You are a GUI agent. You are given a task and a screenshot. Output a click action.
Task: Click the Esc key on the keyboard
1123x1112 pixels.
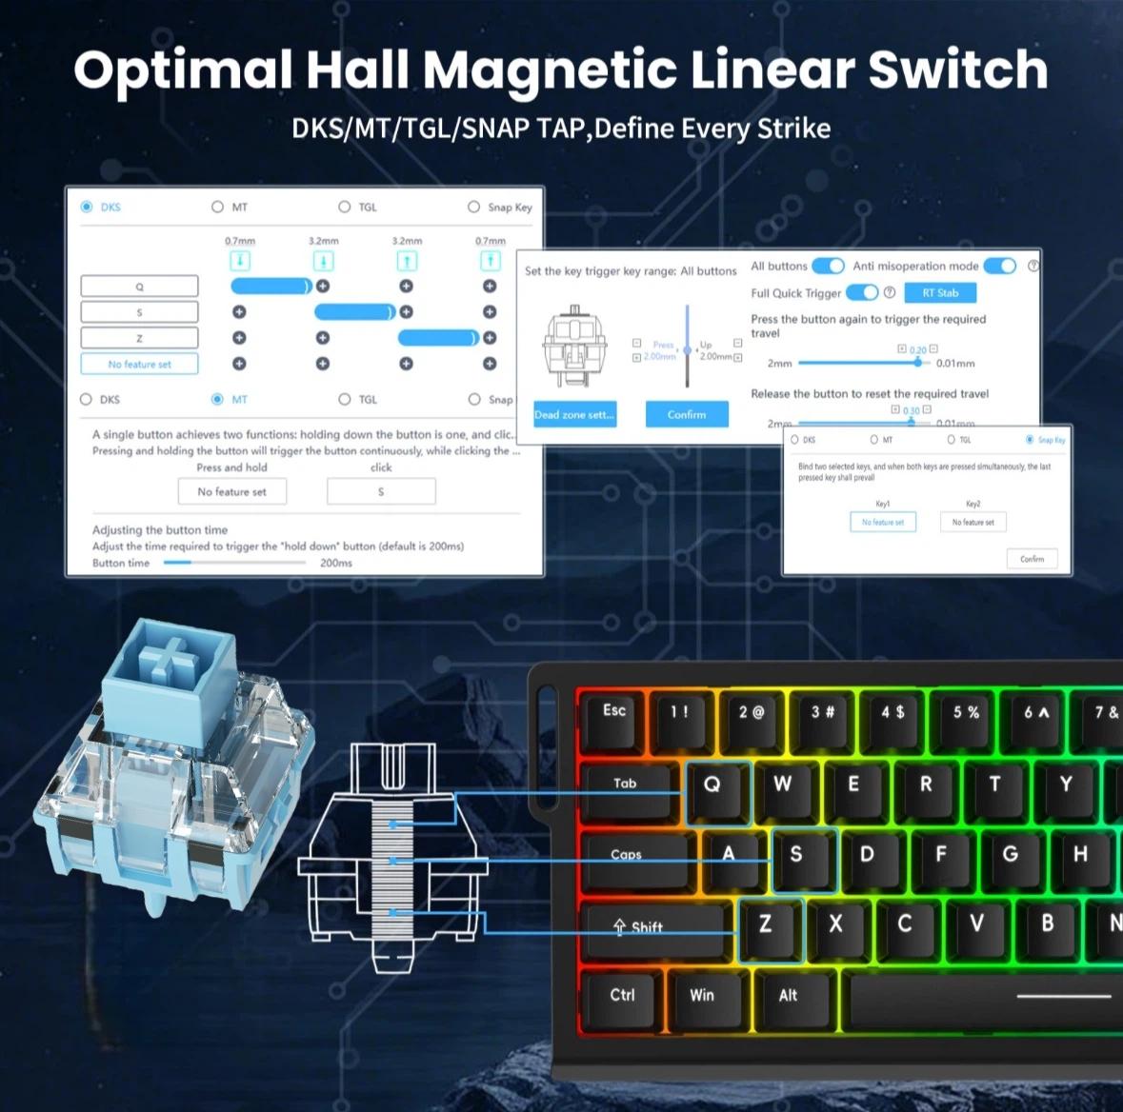click(x=614, y=711)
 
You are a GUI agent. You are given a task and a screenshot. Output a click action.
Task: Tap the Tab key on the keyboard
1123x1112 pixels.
click(x=626, y=784)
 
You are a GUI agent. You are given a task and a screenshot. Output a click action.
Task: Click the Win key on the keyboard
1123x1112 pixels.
click(x=702, y=996)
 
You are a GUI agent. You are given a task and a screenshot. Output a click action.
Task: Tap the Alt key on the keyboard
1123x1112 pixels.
click(x=789, y=996)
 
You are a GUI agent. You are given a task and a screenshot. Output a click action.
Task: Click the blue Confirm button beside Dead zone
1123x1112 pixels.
click(x=687, y=414)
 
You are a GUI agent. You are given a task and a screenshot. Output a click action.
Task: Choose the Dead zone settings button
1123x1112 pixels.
click(x=574, y=414)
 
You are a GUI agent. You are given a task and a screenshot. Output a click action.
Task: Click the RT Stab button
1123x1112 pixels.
click(x=940, y=293)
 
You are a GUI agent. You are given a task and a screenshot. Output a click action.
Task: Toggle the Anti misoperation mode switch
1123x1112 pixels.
click(x=999, y=267)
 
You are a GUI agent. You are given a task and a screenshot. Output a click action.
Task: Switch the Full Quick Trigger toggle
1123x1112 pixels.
click(x=862, y=292)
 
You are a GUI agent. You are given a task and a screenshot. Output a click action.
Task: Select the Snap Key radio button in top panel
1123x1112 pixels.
click(x=474, y=207)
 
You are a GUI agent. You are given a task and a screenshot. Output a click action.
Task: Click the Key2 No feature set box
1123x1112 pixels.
click(x=973, y=522)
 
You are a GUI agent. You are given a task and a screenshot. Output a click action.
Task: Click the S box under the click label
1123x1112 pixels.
click(x=381, y=491)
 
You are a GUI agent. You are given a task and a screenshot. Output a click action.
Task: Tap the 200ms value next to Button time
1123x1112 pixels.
click(x=336, y=563)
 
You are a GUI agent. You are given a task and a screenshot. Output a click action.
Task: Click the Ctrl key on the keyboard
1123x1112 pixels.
click(x=622, y=996)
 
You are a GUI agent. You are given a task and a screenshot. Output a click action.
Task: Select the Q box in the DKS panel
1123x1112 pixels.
click(x=140, y=287)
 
